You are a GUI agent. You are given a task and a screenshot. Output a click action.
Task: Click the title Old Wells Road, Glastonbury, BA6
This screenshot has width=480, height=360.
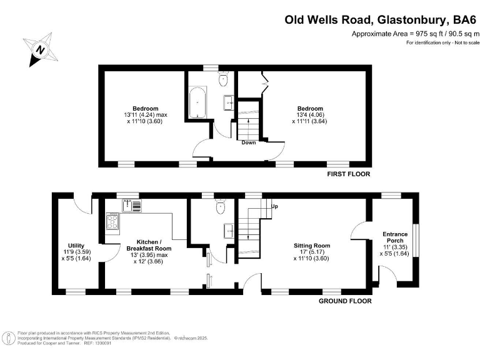(x=376, y=19)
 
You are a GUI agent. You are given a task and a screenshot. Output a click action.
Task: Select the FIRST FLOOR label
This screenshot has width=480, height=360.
(x=349, y=174)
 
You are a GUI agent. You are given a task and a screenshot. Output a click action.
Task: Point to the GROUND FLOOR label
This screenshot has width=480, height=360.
(x=345, y=301)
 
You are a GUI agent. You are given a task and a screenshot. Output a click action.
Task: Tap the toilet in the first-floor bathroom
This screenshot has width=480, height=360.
(x=222, y=79)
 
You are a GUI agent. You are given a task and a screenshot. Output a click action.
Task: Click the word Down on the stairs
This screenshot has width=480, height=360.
(x=249, y=142)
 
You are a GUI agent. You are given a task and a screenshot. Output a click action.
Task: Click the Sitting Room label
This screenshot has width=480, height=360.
(x=312, y=246)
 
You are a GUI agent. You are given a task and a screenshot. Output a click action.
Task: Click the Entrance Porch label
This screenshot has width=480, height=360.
(x=395, y=238)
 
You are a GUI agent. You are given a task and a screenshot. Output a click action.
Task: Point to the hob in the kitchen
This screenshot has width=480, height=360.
(x=114, y=221)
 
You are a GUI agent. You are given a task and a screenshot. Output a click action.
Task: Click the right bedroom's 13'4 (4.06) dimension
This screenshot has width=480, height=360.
(x=309, y=115)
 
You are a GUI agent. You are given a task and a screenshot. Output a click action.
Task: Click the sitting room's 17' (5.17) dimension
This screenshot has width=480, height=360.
(x=312, y=252)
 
